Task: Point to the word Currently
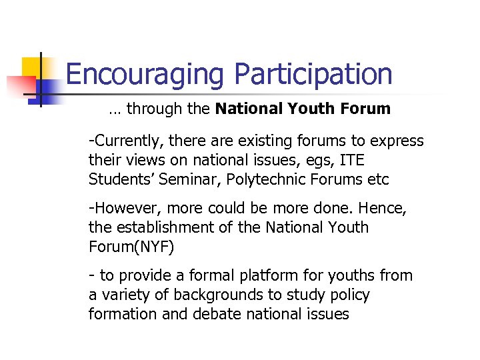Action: (131, 141)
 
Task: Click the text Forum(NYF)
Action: (131, 247)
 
